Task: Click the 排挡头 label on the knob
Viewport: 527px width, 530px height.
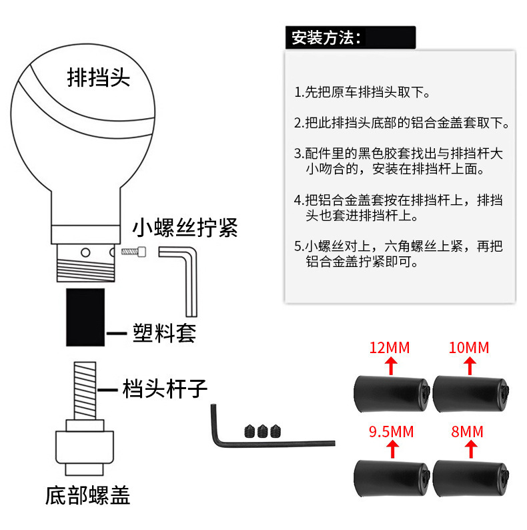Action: pos(99,77)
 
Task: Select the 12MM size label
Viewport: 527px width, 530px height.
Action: pos(391,347)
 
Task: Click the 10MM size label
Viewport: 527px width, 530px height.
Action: pos(470,347)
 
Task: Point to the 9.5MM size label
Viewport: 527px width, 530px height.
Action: pos(392,432)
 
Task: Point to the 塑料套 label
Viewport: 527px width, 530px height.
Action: pos(163,332)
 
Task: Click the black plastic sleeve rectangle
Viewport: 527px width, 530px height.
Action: pos(85,316)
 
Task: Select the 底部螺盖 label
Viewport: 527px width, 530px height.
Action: pos(87,495)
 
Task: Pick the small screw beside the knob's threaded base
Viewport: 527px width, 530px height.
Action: pos(133,252)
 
